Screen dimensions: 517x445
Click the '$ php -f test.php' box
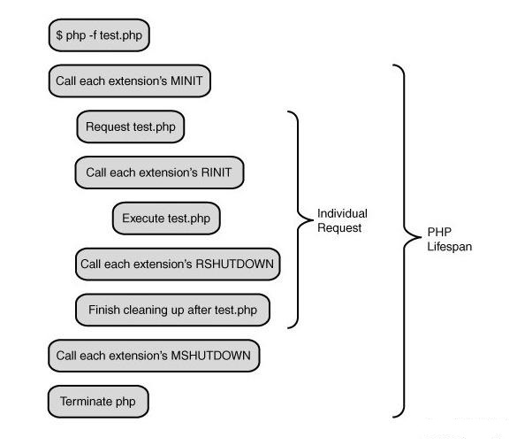click(x=99, y=35)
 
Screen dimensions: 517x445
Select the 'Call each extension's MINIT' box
click(x=130, y=81)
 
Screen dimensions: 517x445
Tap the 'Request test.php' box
click(x=131, y=127)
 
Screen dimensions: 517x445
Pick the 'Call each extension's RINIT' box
click(x=160, y=173)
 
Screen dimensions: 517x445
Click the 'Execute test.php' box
click(x=166, y=219)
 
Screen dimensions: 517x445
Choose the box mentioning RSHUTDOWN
click(x=178, y=265)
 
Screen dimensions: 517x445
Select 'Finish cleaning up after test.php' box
click(x=172, y=310)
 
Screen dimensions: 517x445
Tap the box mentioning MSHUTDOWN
click(x=154, y=356)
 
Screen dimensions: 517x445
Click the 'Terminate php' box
click(x=98, y=402)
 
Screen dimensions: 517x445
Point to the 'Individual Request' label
click(x=342, y=220)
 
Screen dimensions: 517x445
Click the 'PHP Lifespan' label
click(x=450, y=240)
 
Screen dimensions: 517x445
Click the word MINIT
click(x=186, y=81)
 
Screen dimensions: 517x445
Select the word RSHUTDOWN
click(x=235, y=265)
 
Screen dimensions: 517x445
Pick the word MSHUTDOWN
click(x=211, y=356)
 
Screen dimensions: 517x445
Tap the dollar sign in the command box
click(x=59, y=35)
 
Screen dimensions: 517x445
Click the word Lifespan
click(x=450, y=247)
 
